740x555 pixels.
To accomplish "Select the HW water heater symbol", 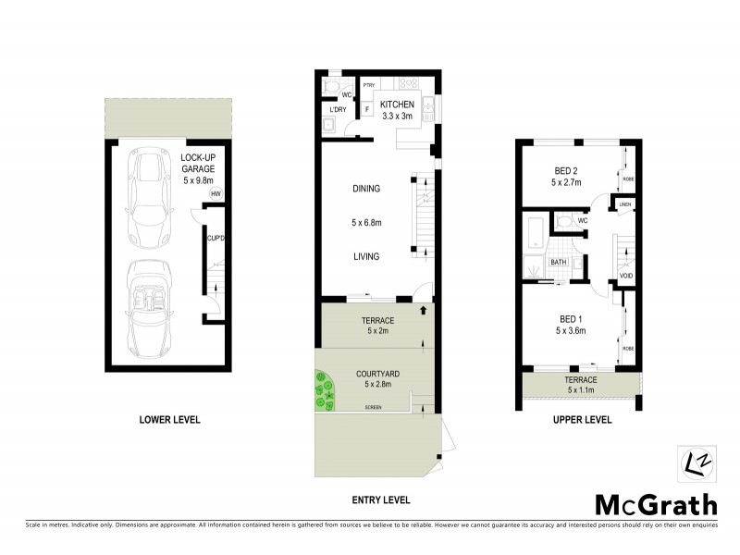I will tap(216, 194).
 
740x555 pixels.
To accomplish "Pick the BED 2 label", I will tap(567, 171).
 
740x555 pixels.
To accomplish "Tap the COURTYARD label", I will tap(376, 376).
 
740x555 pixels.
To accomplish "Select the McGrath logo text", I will tap(655, 505).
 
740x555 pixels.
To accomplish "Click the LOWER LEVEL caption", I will tap(169, 420).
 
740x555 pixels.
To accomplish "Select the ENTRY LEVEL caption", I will tap(380, 500).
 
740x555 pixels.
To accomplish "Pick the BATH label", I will tap(559, 263).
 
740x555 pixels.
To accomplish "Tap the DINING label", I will tap(366, 189).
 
